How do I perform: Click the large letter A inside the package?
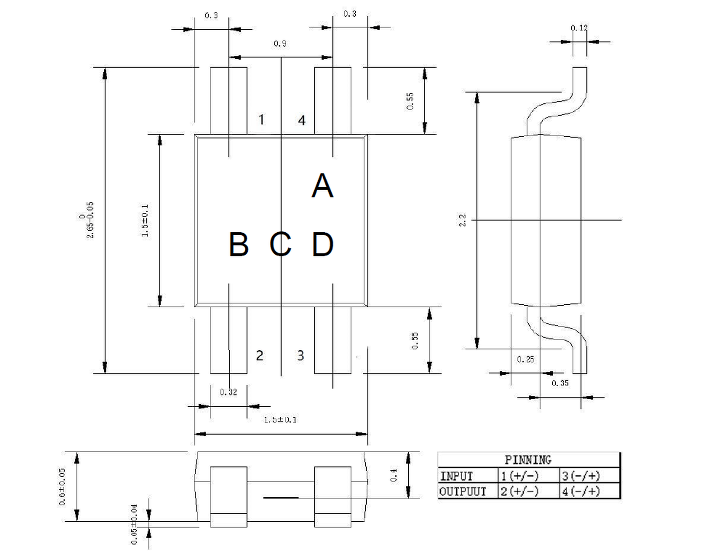pyautogui.click(x=322, y=186)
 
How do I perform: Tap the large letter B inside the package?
pyautogui.click(x=238, y=244)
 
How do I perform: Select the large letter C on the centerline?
pyautogui.click(x=281, y=244)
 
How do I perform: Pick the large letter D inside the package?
pyautogui.click(x=323, y=244)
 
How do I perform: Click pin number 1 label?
pyautogui.click(x=261, y=120)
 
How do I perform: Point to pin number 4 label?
pyautogui.click(x=302, y=121)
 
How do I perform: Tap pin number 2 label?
pyautogui.click(x=259, y=355)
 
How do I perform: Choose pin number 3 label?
pyautogui.click(x=301, y=355)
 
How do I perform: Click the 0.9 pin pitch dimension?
pyautogui.click(x=280, y=44)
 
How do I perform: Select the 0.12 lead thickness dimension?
pyautogui.click(x=579, y=28)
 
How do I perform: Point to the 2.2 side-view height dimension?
pyautogui.click(x=462, y=220)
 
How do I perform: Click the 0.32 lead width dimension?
pyautogui.click(x=228, y=392)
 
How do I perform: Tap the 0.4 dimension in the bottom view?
pyautogui.click(x=394, y=475)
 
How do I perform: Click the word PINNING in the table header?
pyautogui.click(x=528, y=460)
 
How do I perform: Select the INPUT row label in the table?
pyautogui.click(x=456, y=476)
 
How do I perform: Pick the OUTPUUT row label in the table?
pyautogui.click(x=463, y=491)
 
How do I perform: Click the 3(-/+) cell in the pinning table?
pyautogui.click(x=581, y=476)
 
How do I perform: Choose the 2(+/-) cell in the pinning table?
pyautogui.click(x=519, y=491)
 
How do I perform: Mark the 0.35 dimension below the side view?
pyautogui.click(x=560, y=383)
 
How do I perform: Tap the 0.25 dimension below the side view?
pyautogui.click(x=525, y=359)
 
